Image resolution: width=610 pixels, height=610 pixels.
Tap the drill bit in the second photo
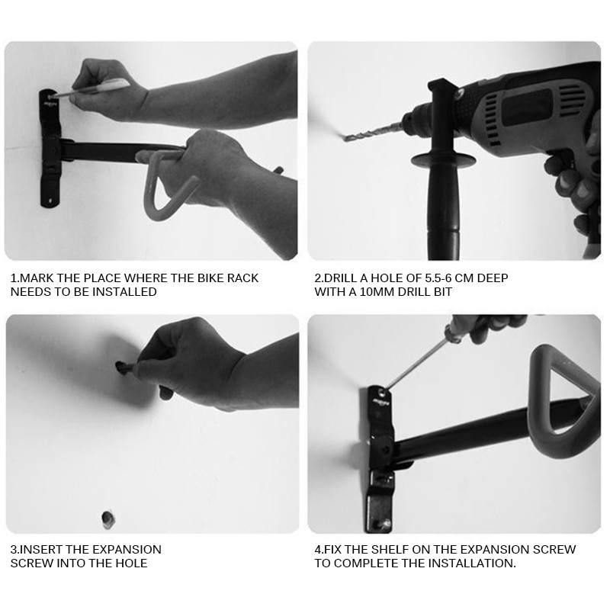tap(372, 131)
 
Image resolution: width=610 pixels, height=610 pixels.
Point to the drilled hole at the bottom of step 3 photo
tap(108, 519)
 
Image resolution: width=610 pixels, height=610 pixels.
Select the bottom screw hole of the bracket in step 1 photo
tap(50, 201)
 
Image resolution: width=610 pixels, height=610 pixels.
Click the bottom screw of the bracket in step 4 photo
tap(384, 525)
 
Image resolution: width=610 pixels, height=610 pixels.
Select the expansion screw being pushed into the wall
tap(124, 368)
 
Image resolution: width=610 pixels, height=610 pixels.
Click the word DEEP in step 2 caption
tap(493, 278)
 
